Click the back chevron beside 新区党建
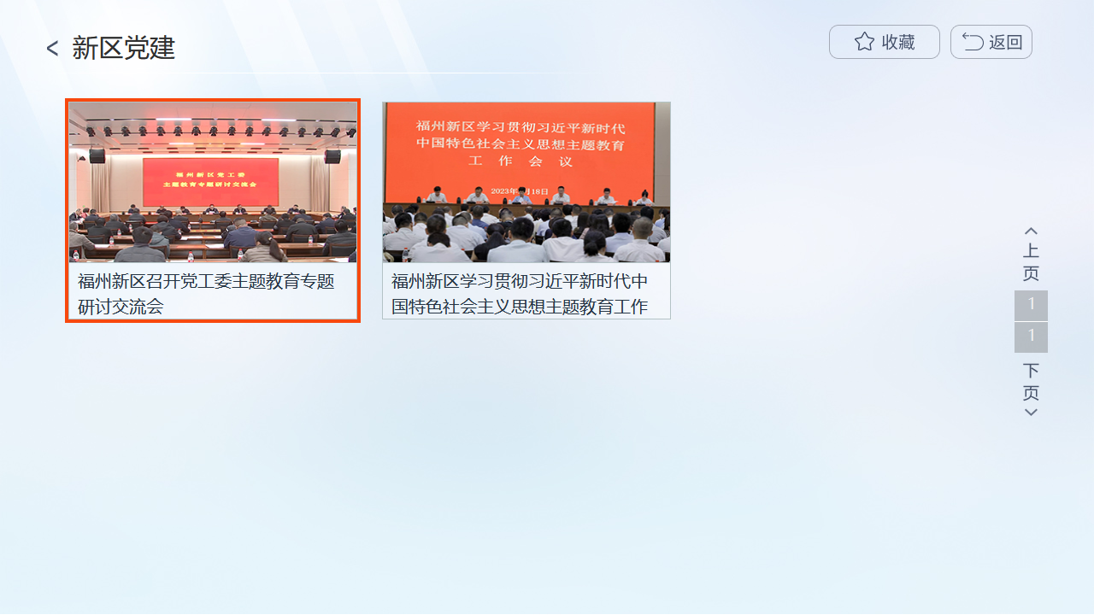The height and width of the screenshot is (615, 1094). pos(52,49)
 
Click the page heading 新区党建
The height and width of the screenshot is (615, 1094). pos(123,49)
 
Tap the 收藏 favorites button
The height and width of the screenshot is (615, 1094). pos(884,42)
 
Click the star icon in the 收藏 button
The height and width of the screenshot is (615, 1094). pos(864,42)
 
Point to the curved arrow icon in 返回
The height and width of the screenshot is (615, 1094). pos(973,42)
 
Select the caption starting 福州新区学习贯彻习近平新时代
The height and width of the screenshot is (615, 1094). pos(520,293)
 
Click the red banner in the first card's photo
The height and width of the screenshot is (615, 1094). pos(210,181)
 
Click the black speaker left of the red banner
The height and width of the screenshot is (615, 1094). pos(97,156)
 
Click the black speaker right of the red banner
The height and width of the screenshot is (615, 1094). pos(332,156)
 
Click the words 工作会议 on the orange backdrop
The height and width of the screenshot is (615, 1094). pos(520,161)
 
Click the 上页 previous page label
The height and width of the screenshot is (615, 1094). pos(1031,262)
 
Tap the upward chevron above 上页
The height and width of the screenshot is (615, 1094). pos(1031,231)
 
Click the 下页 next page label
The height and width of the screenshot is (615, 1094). pos(1031,382)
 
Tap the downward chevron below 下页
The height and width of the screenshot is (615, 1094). pos(1031,413)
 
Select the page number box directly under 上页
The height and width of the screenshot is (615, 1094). pos(1031,305)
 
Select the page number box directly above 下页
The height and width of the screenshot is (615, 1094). pos(1031,337)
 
